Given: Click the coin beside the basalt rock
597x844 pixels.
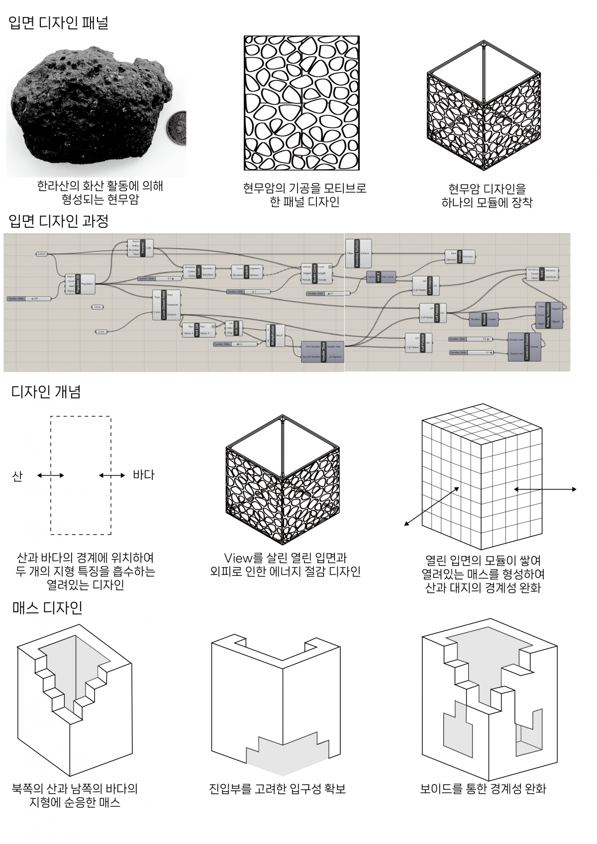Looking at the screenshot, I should tap(175, 128).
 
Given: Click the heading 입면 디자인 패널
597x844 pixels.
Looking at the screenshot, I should tap(59, 23).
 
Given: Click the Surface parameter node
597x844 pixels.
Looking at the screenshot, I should tap(41, 254).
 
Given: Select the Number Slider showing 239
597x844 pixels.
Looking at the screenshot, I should tap(29, 299).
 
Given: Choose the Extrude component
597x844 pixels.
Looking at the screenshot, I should tap(460, 256).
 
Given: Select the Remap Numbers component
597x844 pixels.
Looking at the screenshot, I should tap(549, 315).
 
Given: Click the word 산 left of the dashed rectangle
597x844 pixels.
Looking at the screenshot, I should tap(17, 476).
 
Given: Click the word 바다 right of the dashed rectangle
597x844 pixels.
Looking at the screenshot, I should tap(143, 475).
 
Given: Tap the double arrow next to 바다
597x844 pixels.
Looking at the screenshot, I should tap(112, 475).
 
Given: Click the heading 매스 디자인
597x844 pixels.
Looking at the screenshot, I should tap(47, 607).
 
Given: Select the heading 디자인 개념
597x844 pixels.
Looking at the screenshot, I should tap(46, 392).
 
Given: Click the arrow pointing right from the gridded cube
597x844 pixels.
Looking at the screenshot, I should tap(546, 489).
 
